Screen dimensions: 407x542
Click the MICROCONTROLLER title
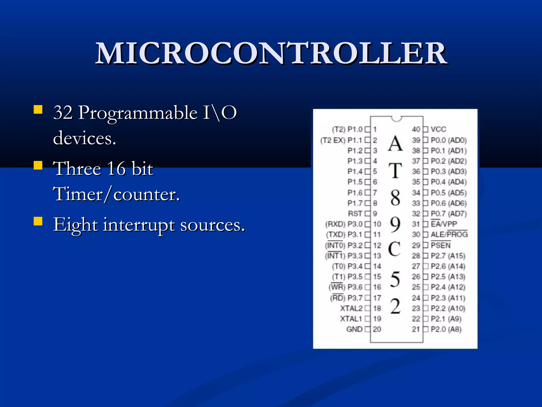pos(271,54)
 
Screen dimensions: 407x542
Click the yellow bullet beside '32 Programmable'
pos(38,109)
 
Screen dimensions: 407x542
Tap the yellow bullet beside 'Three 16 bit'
pos(38,165)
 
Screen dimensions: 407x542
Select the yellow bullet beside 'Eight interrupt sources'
pos(38,221)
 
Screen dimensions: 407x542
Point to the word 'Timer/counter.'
pos(116,194)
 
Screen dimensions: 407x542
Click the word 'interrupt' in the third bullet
pos(139,225)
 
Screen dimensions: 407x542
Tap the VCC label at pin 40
pos(438,129)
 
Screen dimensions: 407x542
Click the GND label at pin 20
pos(354,329)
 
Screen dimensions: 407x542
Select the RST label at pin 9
pos(355,214)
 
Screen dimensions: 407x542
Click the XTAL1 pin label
pos(351,319)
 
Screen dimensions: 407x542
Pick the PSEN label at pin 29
pos(440,245)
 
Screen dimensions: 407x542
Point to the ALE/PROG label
pos(449,235)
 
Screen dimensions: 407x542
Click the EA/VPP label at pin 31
pos(444,224)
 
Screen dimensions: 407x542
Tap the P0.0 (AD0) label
pos(449,140)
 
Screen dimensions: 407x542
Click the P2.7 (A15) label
pos(448,256)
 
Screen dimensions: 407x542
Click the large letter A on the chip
pos(395,144)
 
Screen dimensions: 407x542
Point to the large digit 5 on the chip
pos(395,279)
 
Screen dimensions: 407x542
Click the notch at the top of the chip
pos(396,118)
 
